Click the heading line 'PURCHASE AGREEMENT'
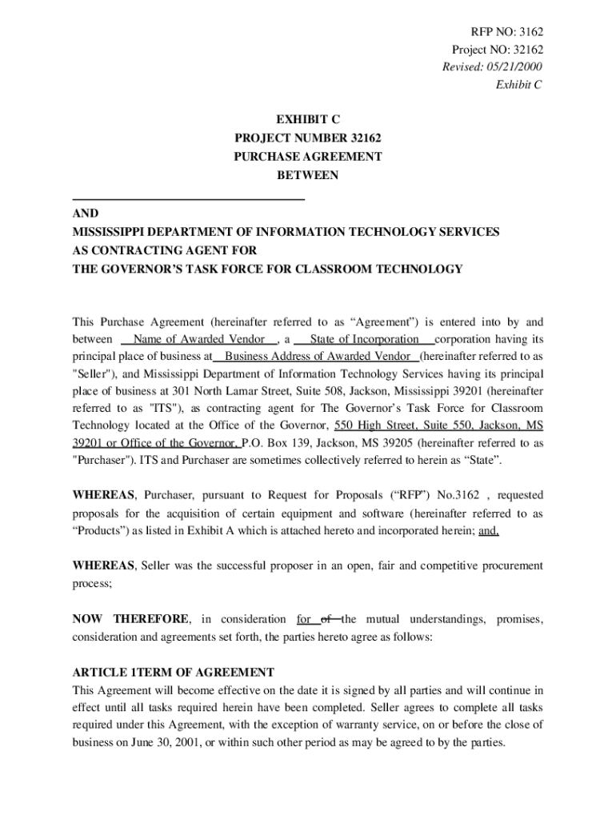click(307, 157)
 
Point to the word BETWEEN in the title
click(307, 175)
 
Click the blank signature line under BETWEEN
click(189, 198)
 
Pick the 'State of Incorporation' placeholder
click(364, 339)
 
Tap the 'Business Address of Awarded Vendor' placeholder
click(318, 356)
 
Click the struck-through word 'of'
click(326, 619)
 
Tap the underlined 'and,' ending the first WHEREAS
click(488, 530)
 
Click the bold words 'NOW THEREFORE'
click(131, 619)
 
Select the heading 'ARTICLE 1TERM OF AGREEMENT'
click(174, 672)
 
